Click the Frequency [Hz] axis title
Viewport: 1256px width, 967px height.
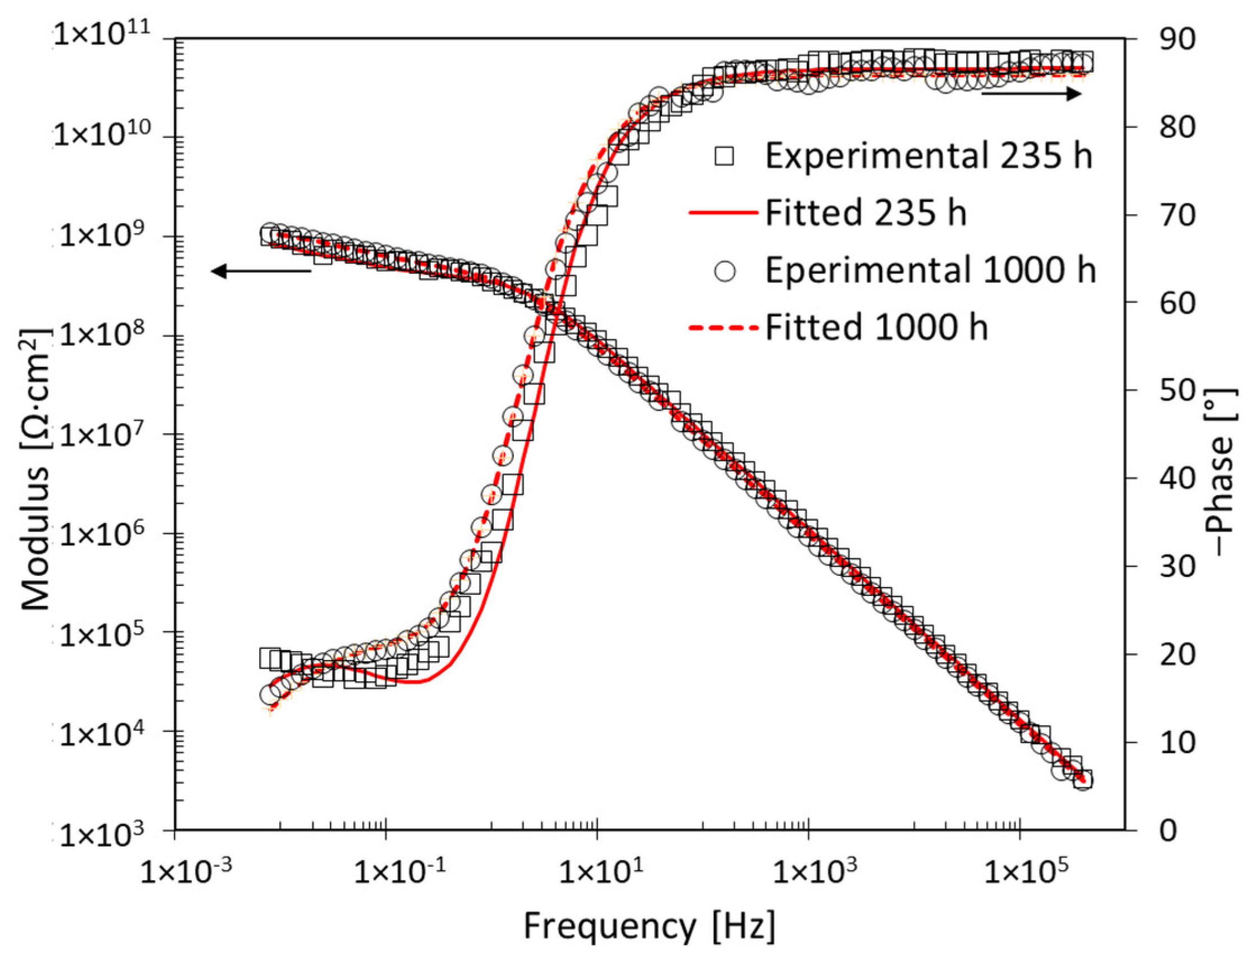pyautogui.click(x=648, y=925)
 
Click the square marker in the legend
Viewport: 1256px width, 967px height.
pyautogui.click(x=725, y=156)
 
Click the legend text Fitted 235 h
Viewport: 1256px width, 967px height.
pyautogui.click(x=866, y=213)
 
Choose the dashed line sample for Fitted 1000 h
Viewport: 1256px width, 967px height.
pyautogui.click(x=723, y=328)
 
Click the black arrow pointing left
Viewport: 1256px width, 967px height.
pyautogui.click(x=260, y=271)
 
